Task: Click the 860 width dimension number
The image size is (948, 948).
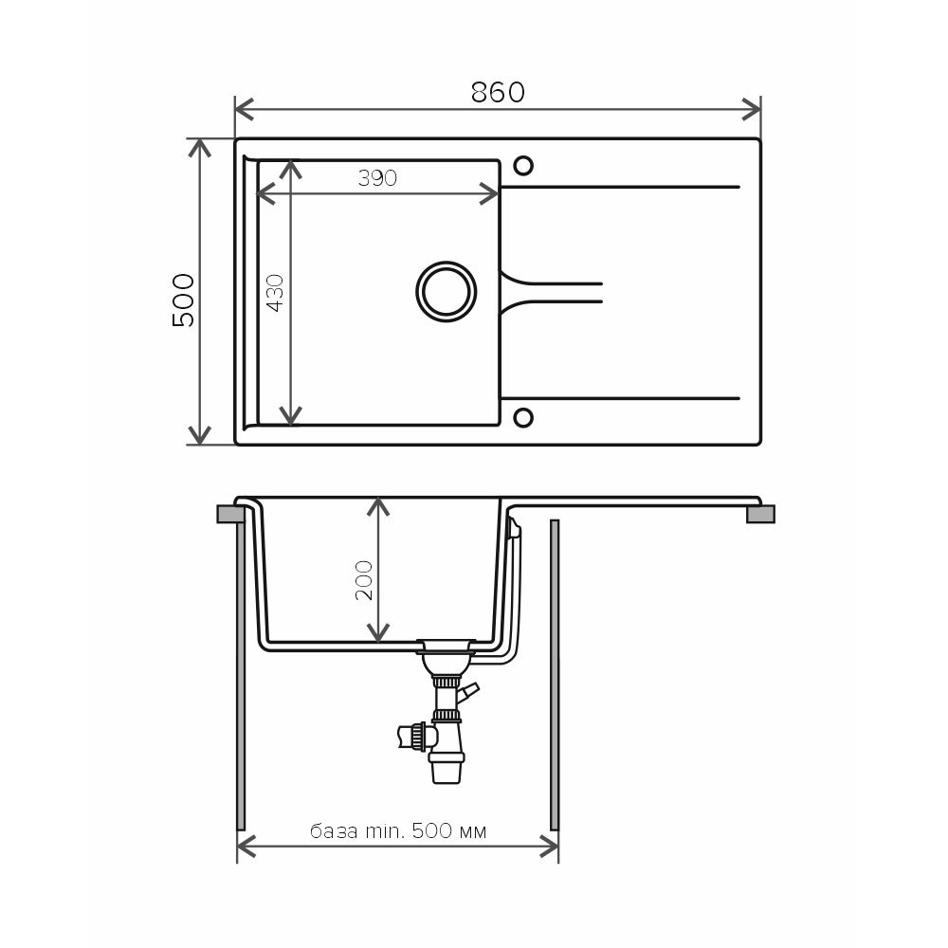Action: pos(498,93)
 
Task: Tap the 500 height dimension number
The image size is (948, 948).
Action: pos(184,301)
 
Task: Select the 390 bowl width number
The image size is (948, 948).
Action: pos(377,178)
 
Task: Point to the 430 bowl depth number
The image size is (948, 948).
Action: pos(276,293)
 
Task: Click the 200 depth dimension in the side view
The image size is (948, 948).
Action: pos(364,580)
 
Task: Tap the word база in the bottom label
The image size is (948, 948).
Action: pos(334,831)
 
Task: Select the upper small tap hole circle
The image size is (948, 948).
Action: pos(523,166)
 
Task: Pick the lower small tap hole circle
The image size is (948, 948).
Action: pos(523,417)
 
